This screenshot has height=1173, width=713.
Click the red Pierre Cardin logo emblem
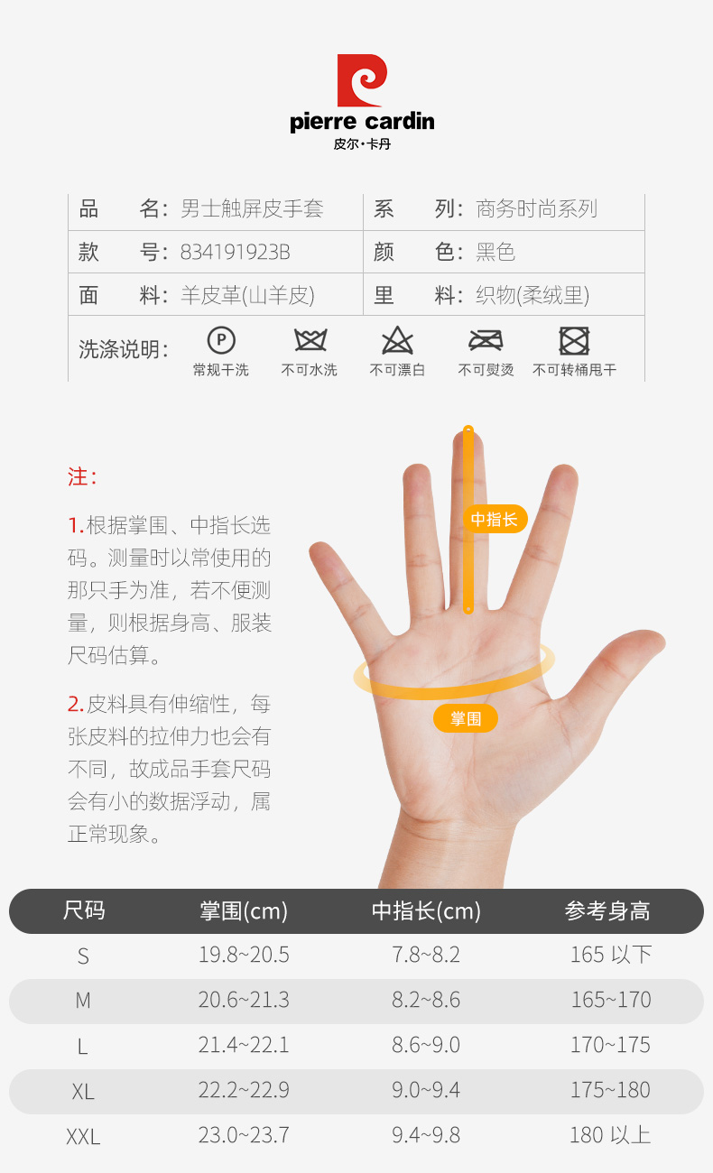[362, 80]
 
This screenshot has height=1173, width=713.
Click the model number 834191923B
[236, 253]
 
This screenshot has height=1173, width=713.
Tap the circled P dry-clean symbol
[221, 340]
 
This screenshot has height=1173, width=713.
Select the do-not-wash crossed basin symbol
[310, 340]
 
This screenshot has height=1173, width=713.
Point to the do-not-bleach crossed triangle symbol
[398, 340]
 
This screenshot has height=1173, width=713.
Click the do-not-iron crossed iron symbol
[486, 340]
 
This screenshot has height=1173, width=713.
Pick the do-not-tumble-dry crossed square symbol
[574, 341]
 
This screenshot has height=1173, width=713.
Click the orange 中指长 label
[495, 519]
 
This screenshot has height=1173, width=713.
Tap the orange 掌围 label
[466, 718]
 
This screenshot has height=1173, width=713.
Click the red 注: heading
[82, 477]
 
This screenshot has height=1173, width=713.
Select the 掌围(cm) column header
[244, 910]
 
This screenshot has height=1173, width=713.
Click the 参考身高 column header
[607, 910]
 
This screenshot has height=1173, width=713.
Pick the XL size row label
[83, 1092]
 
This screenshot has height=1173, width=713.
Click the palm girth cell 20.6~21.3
[244, 1000]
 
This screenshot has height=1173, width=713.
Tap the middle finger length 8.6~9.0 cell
[426, 1045]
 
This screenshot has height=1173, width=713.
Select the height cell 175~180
[610, 1090]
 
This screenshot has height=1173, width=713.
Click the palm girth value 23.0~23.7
[244, 1135]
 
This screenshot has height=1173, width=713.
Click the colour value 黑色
[495, 252]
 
